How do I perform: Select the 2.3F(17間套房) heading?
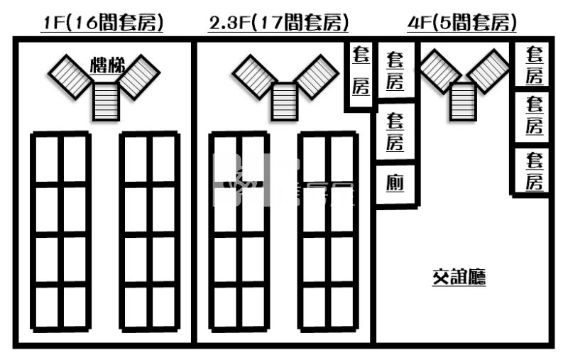(x=279, y=23)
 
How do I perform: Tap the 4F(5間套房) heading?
(x=462, y=23)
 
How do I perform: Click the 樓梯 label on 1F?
(x=108, y=67)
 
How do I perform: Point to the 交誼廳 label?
(x=459, y=277)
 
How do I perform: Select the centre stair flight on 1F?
(x=106, y=102)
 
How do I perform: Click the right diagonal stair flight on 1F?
(x=140, y=75)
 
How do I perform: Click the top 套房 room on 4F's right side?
(x=534, y=65)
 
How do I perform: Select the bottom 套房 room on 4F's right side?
(x=534, y=170)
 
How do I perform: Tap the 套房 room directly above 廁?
(x=395, y=131)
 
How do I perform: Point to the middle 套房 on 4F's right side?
(x=534, y=116)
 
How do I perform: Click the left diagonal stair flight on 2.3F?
(x=254, y=75)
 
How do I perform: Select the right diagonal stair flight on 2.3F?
(x=317, y=75)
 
